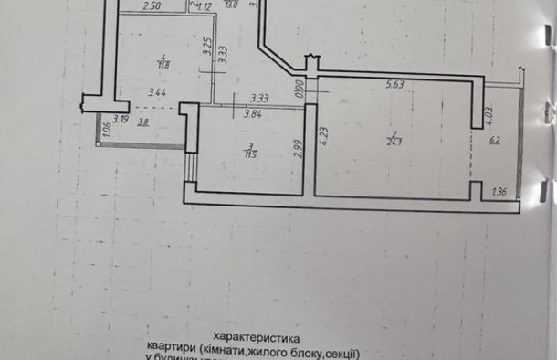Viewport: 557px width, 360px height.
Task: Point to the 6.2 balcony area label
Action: click(494, 141)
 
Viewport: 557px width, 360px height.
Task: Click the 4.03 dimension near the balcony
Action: click(489, 113)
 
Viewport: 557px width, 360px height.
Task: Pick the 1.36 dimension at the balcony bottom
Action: click(499, 192)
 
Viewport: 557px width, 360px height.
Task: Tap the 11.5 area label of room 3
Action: click(249, 152)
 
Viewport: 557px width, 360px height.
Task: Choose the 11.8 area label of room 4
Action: click(163, 63)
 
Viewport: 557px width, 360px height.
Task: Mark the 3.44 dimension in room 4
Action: click(157, 91)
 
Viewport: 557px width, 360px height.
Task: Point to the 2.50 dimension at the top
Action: click(152, 7)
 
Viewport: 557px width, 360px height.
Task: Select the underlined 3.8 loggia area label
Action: click(143, 121)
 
